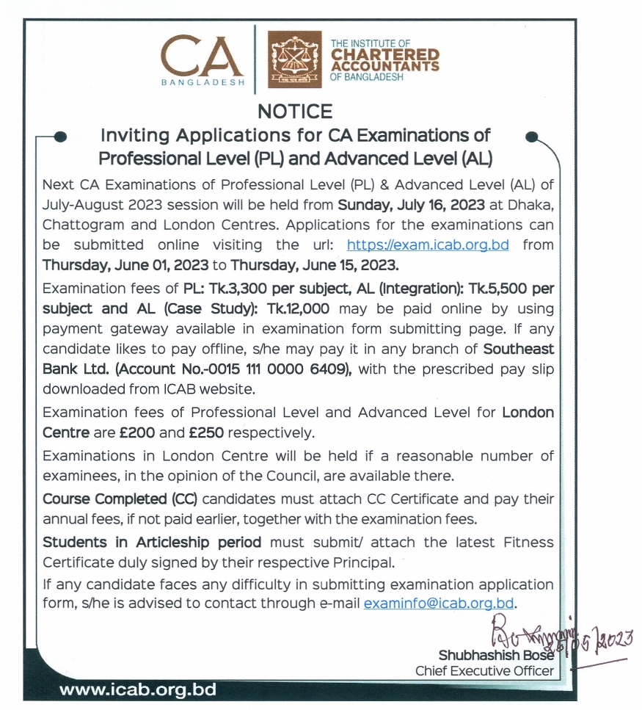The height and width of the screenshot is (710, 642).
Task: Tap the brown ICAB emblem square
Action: click(294, 60)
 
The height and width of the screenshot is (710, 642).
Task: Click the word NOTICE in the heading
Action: click(295, 112)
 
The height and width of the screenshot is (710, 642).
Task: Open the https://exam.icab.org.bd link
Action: click(428, 244)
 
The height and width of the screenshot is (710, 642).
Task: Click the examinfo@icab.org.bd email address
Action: click(439, 604)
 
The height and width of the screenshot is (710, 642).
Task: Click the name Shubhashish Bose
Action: click(496, 655)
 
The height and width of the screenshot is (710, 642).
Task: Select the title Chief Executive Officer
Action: click(484, 670)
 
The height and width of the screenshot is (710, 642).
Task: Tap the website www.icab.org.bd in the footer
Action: click(137, 690)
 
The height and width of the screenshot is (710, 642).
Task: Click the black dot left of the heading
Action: click(62, 136)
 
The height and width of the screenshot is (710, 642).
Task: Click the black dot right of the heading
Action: click(533, 137)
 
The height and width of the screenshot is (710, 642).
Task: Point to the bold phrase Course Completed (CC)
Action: click(120, 499)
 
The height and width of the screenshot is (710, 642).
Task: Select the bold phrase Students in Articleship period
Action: click(152, 543)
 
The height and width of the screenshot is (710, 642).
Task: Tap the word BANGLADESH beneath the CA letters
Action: click(203, 83)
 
